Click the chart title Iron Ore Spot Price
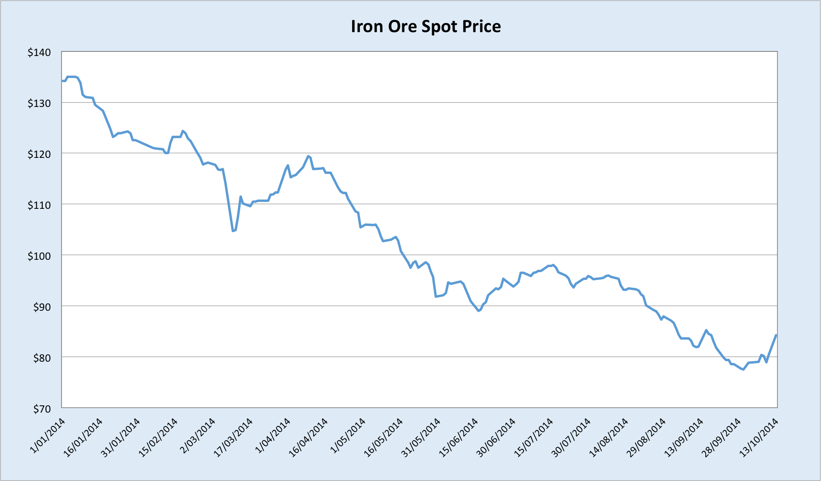click(x=426, y=27)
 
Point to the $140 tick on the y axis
click(x=39, y=53)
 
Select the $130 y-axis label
click(x=39, y=104)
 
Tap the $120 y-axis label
click(x=39, y=154)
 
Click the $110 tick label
click(x=39, y=205)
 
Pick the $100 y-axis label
click(x=39, y=256)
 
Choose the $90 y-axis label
click(x=41, y=307)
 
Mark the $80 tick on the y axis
click(x=41, y=358)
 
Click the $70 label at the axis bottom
click(x=41, y=408)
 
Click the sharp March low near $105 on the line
click(x=233, y=231)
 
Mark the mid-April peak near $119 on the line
click(x=308, y=156)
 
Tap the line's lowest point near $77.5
click(x=743, y=369)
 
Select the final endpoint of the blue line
click(x=776, y=335)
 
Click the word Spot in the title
click(x=439, y=27)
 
